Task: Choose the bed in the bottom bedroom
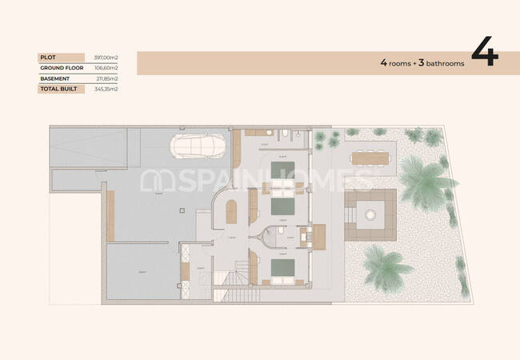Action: tap(280, 269)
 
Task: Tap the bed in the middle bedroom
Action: tap(280, 207)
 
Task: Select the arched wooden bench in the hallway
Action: tap(231, 212)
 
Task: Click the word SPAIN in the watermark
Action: tap(198, 182)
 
